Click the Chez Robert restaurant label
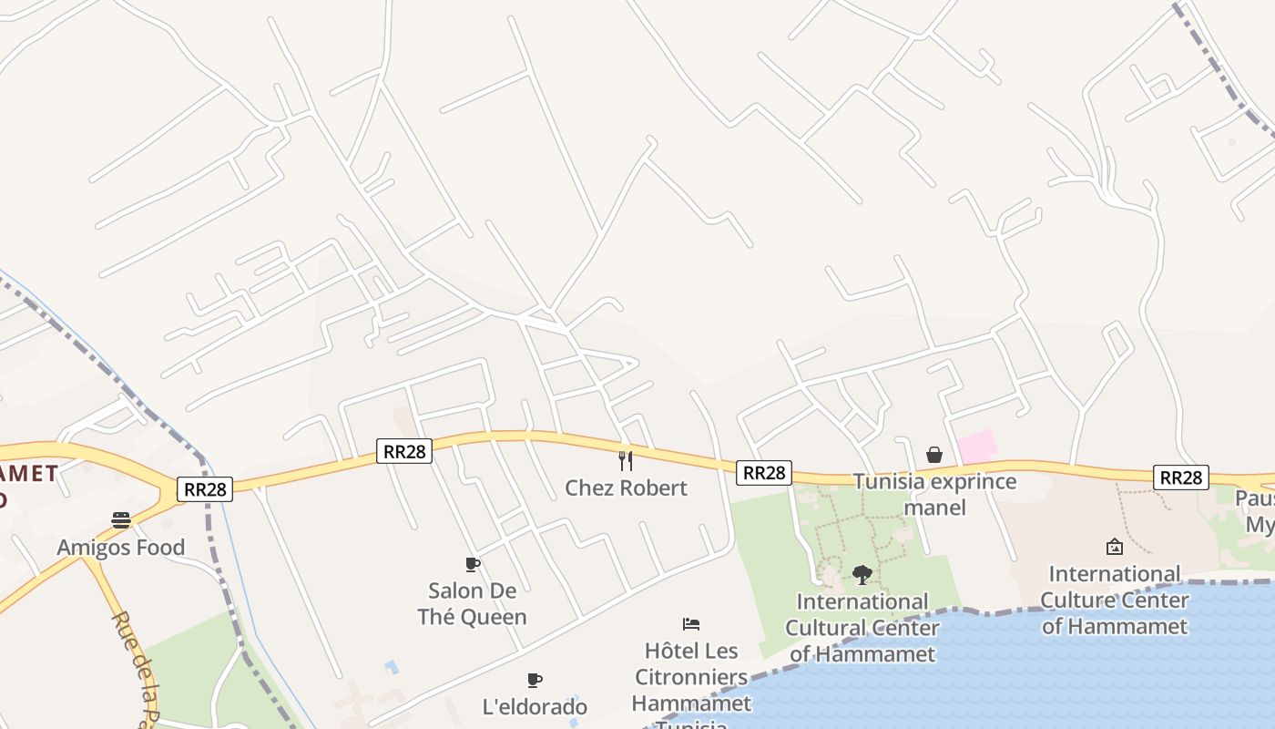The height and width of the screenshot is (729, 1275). [626, 488]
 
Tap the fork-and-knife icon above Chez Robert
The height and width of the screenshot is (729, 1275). [626, 460]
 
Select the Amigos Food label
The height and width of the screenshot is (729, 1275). [121, 547]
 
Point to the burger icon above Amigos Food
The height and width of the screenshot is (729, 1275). [121, 520]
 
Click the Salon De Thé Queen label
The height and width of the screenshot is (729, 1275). [472, 603]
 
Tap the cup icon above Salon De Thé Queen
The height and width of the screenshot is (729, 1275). [472, 564]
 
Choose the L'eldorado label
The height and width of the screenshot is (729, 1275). [535, 706]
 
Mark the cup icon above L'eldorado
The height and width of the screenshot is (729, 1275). [535, 680]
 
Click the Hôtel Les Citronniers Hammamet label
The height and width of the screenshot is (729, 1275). [691, 677]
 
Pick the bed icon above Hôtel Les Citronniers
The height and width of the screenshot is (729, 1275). [691, 624]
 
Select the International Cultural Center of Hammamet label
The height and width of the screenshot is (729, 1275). [862, 628]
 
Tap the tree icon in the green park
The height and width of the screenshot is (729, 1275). [862, 575]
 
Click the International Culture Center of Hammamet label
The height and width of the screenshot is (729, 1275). [1114, 600]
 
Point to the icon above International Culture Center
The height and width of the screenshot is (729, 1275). [1114, 547]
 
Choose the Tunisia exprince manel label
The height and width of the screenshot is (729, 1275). [934, 494]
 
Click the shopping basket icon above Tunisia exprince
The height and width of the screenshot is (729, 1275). [934, 454]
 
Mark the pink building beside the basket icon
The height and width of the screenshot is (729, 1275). [977, 447]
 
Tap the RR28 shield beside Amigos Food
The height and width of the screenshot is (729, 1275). [205, 489]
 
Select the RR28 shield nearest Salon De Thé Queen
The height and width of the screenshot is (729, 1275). [403, 450]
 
